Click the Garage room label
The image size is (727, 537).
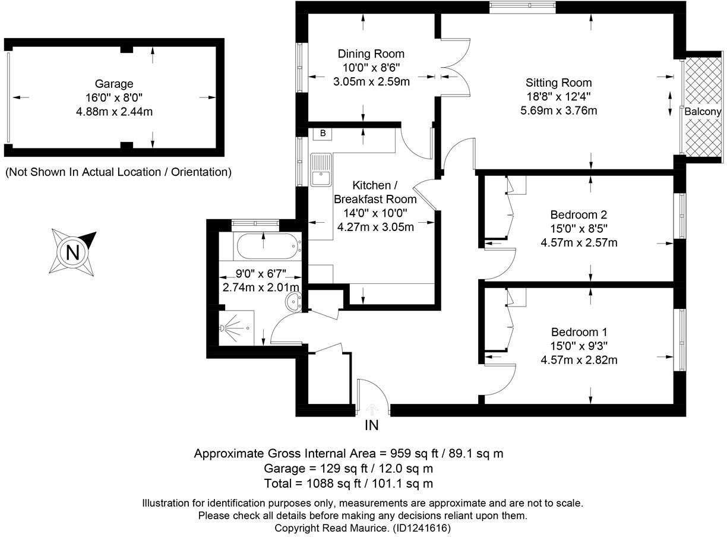coord(113,84)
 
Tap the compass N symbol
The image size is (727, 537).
coord(72,253)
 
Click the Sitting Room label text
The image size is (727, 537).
coord(558,83)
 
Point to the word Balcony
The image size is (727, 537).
coord(703,112)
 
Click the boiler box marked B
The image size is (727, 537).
coord(323,133)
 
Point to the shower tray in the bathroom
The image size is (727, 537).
coord(236,327)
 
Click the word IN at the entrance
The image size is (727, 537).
coord(372,425)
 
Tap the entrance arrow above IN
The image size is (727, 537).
coord(372,409)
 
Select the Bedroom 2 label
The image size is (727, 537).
coord(579,214)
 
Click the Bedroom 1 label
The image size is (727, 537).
coord(579,332)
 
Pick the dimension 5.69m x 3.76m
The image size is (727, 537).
coord(558,110)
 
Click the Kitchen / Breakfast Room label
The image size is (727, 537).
coord(375,191)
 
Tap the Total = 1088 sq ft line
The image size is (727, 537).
coord(349,484)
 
